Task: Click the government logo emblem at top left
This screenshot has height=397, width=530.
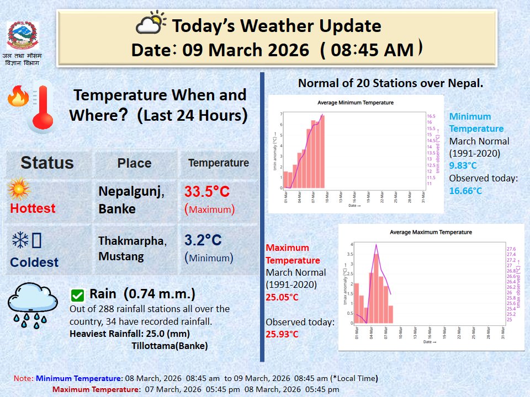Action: tap(23, 36)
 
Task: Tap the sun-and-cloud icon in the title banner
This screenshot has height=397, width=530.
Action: tap(151, 24)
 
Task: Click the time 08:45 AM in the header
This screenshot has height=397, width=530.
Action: tap(372, 50)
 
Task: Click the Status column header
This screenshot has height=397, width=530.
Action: tap(47, 163)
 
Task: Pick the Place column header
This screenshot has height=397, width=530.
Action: tap(134, 163)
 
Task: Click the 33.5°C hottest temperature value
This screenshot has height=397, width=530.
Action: tap(207, 192)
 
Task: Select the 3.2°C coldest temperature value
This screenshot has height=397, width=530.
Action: tap(203, 240)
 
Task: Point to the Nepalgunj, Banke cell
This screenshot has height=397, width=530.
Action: tap(131, 200)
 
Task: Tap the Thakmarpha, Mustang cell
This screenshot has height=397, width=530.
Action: tap(132, 248)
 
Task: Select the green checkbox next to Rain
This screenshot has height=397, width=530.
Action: tap(78, 295)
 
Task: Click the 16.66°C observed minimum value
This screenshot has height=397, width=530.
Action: tap(465, 191)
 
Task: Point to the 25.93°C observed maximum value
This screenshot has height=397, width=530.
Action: tap(282, 334)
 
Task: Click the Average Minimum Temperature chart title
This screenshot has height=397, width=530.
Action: tap(356, 103)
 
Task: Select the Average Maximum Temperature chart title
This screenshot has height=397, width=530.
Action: tap(431, 232)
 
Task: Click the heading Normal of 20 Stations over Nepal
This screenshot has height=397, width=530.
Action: tap(390, 83)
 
